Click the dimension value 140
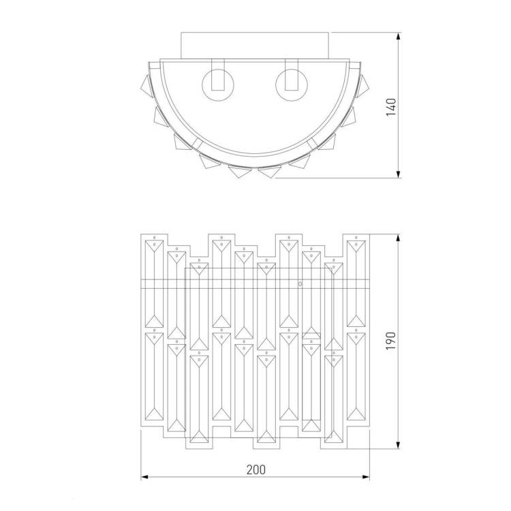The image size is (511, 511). [391, 107]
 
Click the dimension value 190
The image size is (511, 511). [391, 341]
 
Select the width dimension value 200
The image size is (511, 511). [255, 469]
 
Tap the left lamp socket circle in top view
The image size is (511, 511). [218, 85]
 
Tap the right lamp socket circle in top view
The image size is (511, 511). [292, 85]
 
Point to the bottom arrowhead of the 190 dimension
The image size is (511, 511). [398, 445]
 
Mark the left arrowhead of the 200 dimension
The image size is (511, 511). [144, 477]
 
